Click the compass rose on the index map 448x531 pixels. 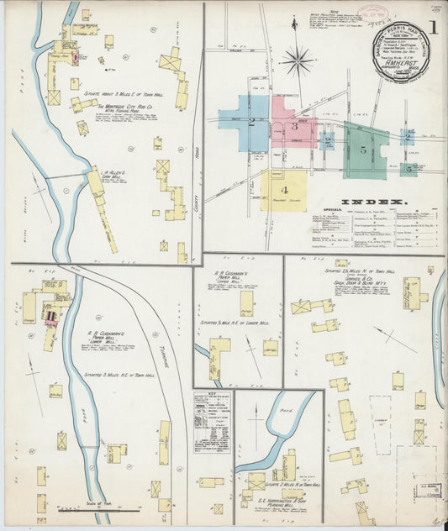pyautogui.click(x=297, y=60)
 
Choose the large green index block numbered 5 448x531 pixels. pyautogui.click(x=363, y=150)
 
